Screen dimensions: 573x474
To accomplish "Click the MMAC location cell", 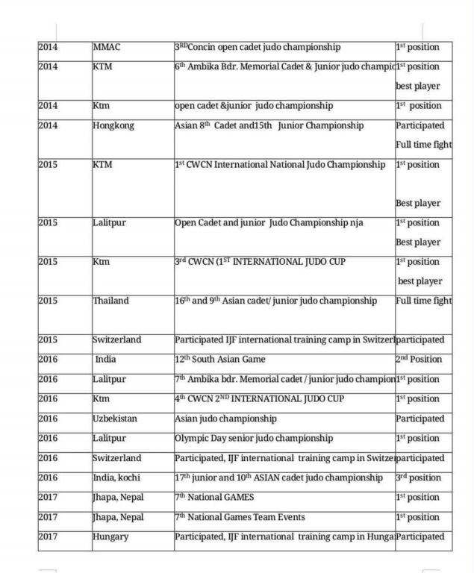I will (107, 47).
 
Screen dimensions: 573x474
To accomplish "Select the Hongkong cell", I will (113, 125).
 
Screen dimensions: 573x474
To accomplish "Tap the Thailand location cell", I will (110, 301).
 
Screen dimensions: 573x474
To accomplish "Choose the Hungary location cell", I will (110, 536).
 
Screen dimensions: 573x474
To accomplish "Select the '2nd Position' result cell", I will (419, 360).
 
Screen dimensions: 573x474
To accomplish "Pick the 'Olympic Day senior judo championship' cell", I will (254, 438).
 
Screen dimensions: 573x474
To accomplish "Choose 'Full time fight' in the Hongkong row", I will (423, 145).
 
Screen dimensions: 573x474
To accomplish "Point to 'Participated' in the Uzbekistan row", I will (420, 419).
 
